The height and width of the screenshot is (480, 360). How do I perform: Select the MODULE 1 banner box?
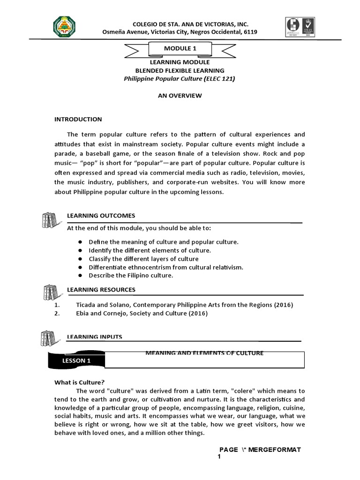180,48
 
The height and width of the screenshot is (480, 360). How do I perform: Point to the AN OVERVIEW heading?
180,96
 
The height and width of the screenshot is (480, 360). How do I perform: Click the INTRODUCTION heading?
78,119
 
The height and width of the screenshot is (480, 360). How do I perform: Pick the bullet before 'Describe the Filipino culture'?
80,276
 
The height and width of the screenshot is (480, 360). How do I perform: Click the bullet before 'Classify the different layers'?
80,259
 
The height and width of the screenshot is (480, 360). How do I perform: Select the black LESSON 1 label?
76,360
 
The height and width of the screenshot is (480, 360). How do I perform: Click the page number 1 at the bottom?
219,457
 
